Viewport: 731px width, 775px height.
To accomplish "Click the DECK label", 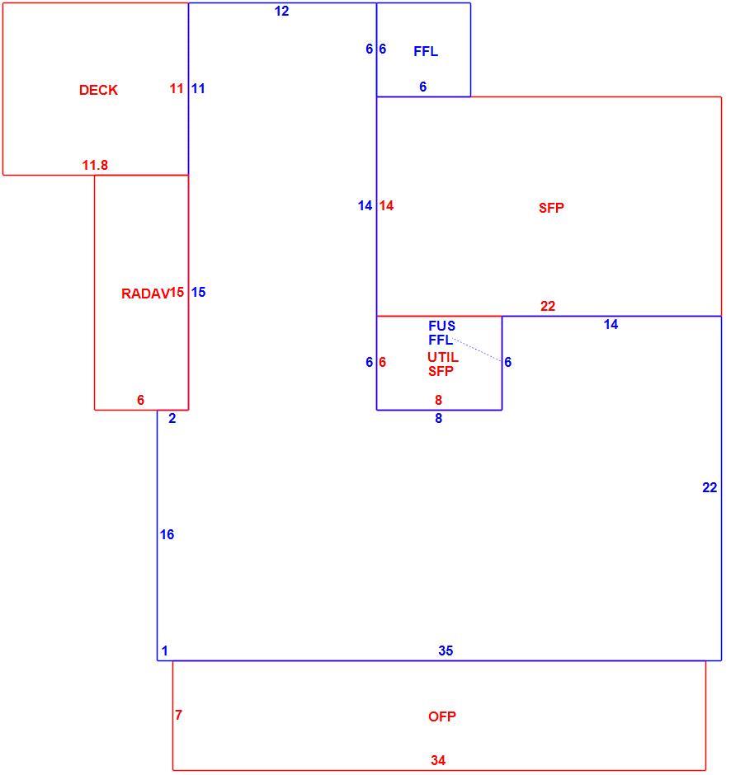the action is click(98, 90).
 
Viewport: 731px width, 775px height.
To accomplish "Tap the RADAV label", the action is click(145, 294).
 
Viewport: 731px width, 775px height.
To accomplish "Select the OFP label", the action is click(441, 716).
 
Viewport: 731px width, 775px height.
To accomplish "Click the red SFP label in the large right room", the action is click(551, 208).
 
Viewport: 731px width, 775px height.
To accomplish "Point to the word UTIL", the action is click(443, 357).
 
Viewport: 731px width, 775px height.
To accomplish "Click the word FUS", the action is click(441, 326).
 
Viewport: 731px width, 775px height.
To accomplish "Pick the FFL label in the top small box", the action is click(426, 51).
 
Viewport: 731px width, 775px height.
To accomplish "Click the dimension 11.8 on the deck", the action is click(95, 165).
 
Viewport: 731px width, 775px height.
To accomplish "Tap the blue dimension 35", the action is click(446, 651).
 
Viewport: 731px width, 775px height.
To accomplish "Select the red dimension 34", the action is click(438, 760).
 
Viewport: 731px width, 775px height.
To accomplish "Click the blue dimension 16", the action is click(167, 534).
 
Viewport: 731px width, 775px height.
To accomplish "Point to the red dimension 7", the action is click(178, 715).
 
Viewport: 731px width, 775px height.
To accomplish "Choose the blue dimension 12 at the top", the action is click(281, 11).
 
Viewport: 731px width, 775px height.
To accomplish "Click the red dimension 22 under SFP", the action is click(548, 307).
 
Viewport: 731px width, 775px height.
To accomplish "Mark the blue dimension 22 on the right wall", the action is click(710, 488).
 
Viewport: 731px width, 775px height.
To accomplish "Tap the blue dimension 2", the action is click(172, 419).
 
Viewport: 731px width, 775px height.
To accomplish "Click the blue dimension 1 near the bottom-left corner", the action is click(165, 651).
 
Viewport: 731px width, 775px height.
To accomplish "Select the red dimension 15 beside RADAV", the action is click(177, 292).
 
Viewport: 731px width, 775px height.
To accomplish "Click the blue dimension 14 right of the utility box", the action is click(611, 324).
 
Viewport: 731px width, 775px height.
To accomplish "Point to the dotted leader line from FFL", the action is click(477, 350).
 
